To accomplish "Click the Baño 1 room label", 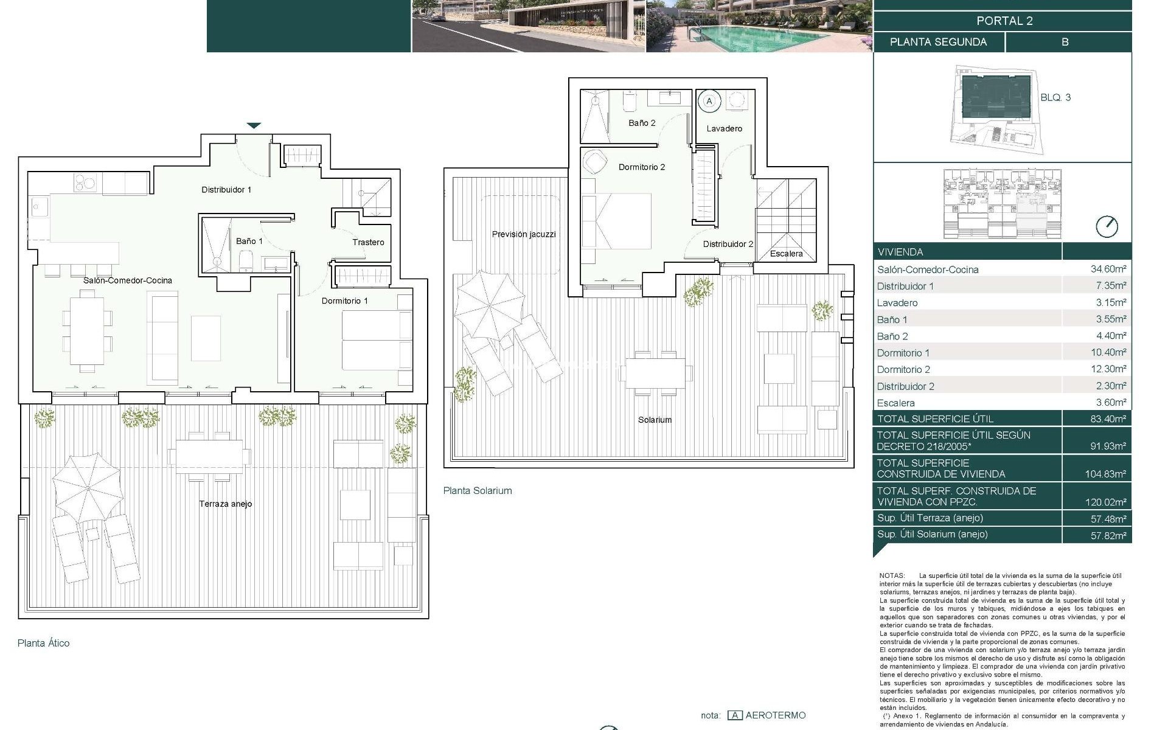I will click(x=249, y=242).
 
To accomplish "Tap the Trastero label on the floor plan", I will click(x=368, y=242).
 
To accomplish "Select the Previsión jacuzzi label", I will click(x=524, y=234).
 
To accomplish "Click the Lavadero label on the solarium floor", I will click(x=724, y=128).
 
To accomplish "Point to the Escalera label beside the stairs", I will click(x=786, y=254).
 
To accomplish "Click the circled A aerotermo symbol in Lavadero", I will click(x=709, y=100).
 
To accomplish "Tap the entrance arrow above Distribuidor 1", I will click(x=254, y=126).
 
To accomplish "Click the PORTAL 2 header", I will click(x=1004, y=21).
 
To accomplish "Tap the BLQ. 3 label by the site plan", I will click(x=1055, y=97).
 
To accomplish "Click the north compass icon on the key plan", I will click(x=1107, y=227).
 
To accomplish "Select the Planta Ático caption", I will click(x=44, y=643).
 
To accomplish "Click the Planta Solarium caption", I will click(x=478, y=491).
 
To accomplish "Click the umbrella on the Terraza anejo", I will click(x=87, y=487).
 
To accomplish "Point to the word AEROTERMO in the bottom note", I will click(x=775, y=715).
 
